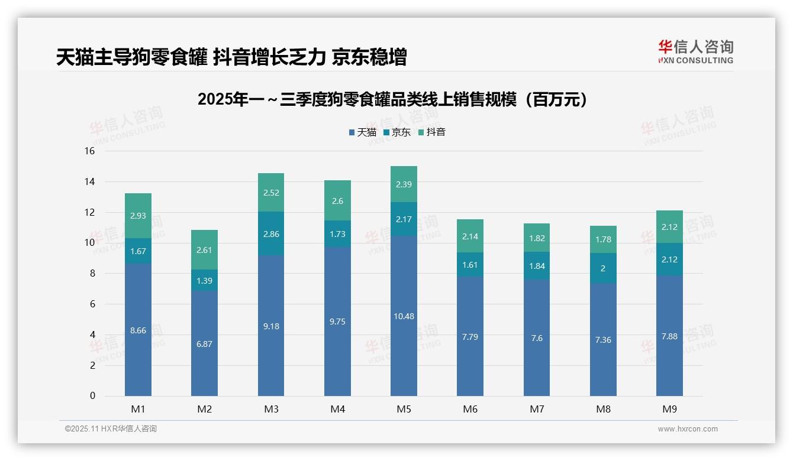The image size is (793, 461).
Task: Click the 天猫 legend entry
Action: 362,132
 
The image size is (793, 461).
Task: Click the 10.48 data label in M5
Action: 404,316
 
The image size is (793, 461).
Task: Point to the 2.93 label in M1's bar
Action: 138,216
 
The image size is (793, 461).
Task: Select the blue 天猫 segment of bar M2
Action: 204,343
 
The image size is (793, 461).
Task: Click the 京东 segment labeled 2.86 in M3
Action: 271,234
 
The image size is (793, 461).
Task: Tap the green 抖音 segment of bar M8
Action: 603,239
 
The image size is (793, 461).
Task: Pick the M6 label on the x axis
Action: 470,409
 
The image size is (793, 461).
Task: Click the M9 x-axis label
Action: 669,409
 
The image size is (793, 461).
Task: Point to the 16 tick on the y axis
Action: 89,151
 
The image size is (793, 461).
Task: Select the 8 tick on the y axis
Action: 92,273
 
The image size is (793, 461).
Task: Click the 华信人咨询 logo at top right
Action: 695,52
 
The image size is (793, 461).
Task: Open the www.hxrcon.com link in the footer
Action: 688,429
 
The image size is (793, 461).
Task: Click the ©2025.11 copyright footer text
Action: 111,429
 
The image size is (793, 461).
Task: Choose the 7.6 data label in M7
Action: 537,338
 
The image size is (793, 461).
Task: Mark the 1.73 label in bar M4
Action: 337,234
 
